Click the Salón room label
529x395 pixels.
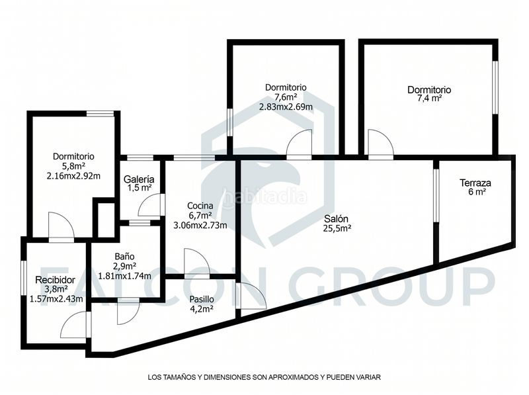(336, 219)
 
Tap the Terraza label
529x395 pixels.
(475, 183)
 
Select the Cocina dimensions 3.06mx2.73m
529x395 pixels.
(200, 225)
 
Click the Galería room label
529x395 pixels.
(139, 179)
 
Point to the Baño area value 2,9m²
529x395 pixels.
(124, 267)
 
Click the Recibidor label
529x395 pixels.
(55, 280)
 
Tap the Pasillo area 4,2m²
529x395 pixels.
(202, 308)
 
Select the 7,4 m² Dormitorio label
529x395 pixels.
(429, 90)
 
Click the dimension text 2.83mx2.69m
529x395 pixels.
(286, 107)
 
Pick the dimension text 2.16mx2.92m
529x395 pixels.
(73, 176)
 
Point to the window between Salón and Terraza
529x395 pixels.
(436, 195)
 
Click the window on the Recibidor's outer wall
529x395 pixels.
(23, 278)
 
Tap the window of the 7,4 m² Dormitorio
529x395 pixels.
(495, 87)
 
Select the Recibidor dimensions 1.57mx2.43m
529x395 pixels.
(56, 299)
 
